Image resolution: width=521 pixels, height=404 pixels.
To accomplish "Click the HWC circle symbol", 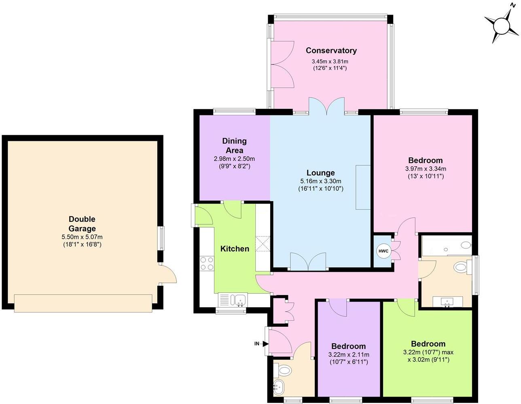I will click(x=383, y=251).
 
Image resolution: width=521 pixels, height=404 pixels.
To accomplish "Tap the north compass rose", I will click(x=502, y=26).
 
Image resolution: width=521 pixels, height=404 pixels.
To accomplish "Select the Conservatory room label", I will click(x=331, y=51).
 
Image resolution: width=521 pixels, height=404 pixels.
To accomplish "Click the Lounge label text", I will click(x=320, y=173).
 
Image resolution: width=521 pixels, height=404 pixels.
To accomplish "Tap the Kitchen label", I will click(x=235, y=249).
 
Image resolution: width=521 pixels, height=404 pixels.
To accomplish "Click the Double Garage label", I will click(x=82, y=224).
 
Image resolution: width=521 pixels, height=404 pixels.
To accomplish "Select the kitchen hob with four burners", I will click(x=207, y=264).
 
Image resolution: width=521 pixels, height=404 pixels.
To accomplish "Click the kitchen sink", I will click(x=238, y=300).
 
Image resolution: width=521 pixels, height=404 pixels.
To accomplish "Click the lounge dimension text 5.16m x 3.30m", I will click(x=320, y=181).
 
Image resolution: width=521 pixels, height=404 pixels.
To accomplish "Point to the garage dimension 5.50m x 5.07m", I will click(x=82, y=237).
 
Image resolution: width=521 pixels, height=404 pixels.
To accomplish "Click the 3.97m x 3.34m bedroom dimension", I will click(x=425, y=169).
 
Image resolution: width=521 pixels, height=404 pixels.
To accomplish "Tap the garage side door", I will click(x=168, y=274).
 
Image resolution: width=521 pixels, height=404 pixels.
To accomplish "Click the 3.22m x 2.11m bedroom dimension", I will click(x=348, y=355).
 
